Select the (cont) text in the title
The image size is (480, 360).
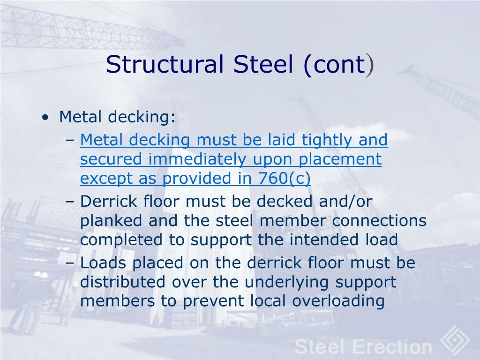pyautogui.click(x=339, y=65)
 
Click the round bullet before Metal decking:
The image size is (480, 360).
pyautogui.click(x=45, y=118)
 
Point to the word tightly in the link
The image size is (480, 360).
pyautogui.click(x=326, y=140)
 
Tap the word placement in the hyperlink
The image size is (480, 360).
pyautogui.click(x=340, y=160)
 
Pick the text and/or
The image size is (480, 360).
pyautogui.click(x=345, y=202)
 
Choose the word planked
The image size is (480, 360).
pyautogui.click(x=111, y=221)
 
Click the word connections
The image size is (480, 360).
pyautogui.click(x=379, y=221)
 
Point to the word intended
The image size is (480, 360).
pyautogui.click(x=324, y=240)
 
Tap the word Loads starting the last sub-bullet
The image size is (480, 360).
pyautogui.click(x=103, y=263)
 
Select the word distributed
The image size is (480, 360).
pyautogui.click(x=122, y=282)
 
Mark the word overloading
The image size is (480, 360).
pyautogui.click(x=338, y=301)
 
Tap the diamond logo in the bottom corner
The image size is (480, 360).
pyautogui.click(x=455, y=340)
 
